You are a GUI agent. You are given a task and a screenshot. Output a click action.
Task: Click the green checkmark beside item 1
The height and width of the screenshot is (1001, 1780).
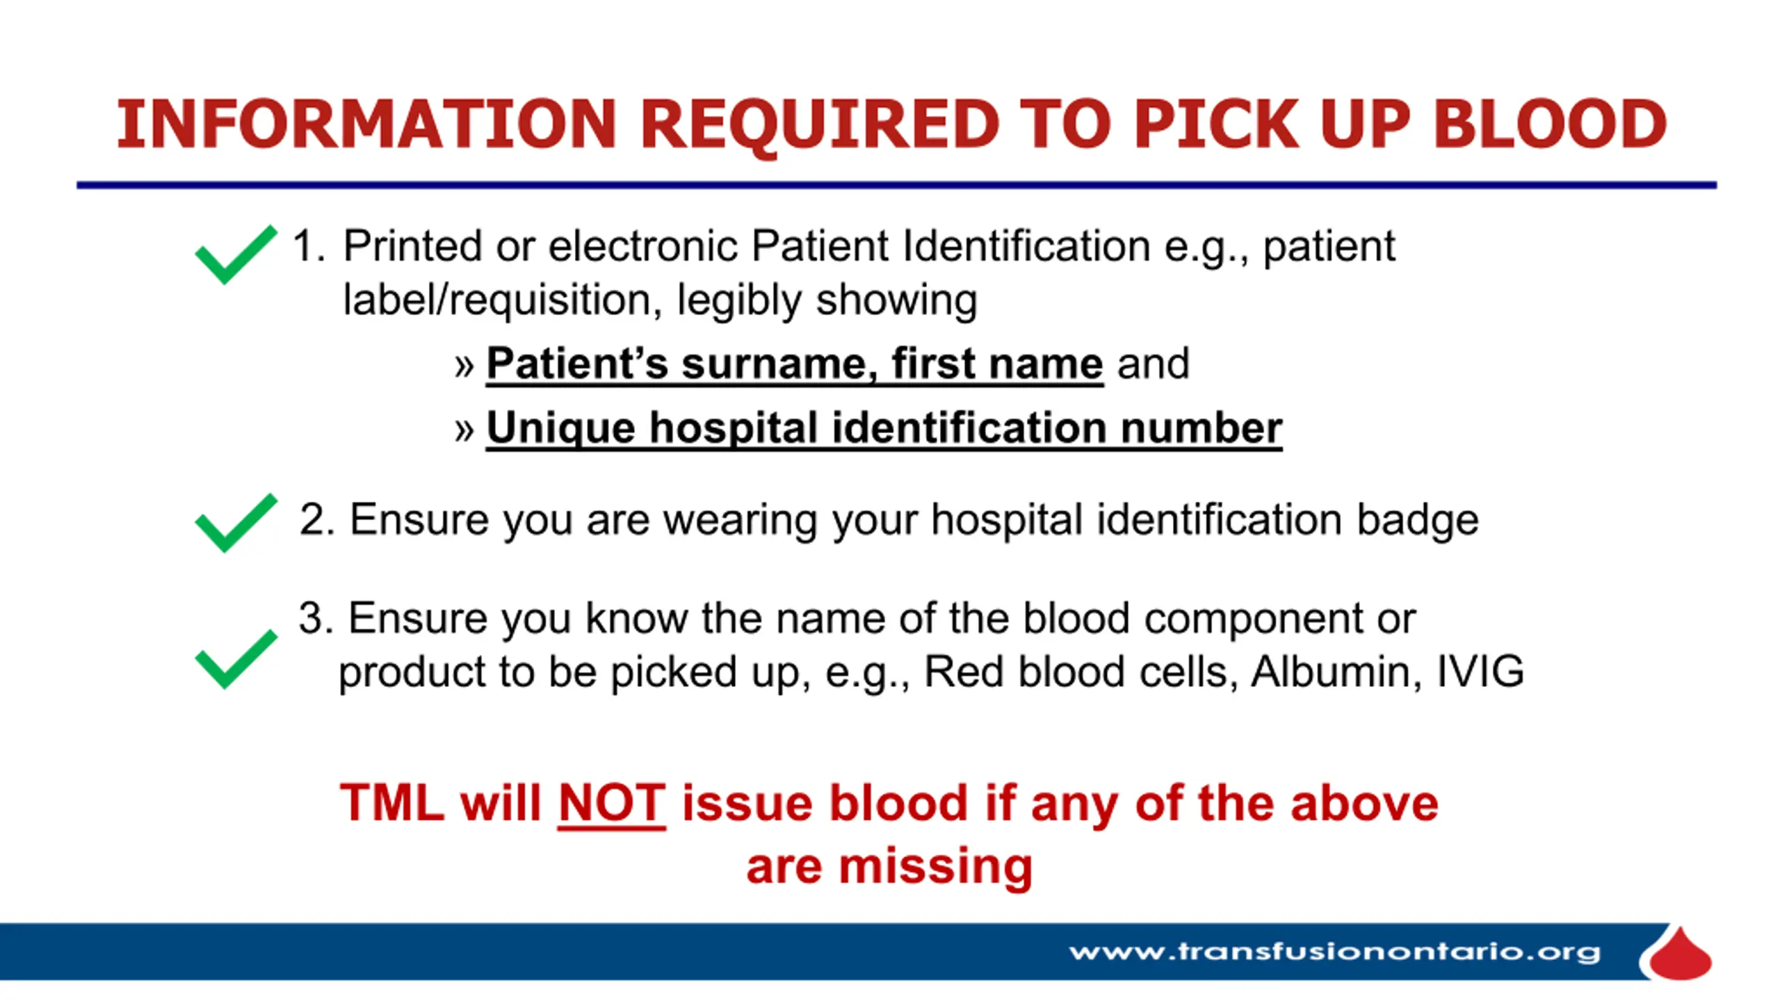(236, 254)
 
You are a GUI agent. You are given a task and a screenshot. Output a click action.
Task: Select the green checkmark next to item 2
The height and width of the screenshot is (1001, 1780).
(236, 523)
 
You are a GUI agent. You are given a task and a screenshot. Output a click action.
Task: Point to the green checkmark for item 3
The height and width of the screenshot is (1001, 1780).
(236, 659)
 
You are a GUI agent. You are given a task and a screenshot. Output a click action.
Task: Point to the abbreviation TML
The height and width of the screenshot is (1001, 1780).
(392, 803)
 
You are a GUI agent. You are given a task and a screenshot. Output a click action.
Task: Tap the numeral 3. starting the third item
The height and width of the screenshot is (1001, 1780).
(316, 618)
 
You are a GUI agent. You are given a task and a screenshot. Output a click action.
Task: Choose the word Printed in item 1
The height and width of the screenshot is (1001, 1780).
(412, 245)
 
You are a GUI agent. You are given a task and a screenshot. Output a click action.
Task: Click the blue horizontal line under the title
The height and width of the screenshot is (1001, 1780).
(897, 185)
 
